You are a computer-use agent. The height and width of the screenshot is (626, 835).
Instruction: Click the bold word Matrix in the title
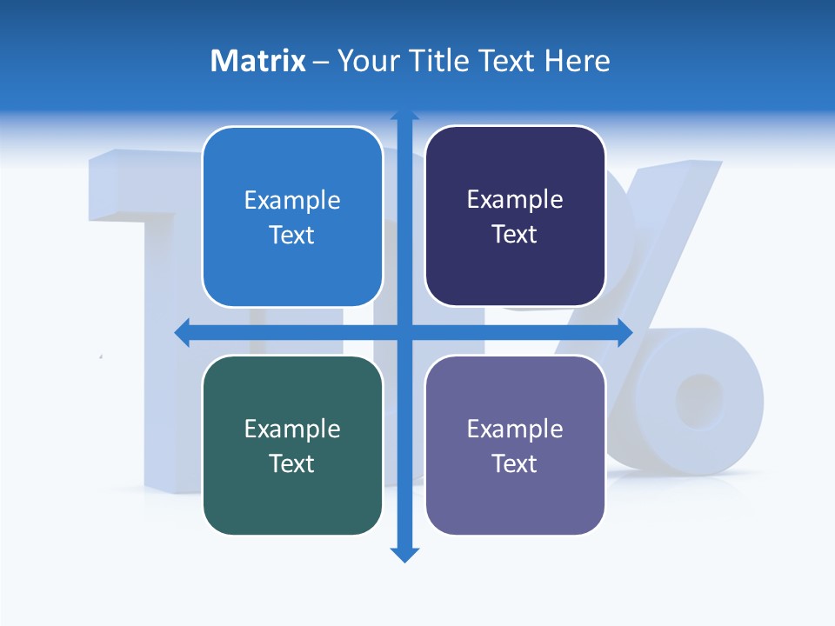[x=257, y=61]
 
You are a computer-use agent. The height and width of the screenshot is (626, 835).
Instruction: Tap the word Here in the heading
[x=578, y=61]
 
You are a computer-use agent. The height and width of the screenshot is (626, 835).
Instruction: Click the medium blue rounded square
[x=292, y=216]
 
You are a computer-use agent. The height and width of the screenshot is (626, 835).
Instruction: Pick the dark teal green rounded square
[x=292, y=445]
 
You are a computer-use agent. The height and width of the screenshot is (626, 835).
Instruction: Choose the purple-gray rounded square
[x=515, y=445]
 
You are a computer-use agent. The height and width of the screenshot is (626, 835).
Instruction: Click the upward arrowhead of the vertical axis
[x=404, y=116]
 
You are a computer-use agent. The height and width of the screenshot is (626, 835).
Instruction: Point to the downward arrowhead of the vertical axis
[x=404, y=555]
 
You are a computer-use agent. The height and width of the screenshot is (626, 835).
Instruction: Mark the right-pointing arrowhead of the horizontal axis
[x=625, y=332]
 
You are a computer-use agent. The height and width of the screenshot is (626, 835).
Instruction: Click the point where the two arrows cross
[x=404, y=332]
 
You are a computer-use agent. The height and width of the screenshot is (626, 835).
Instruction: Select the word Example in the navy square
[x=515, y=199]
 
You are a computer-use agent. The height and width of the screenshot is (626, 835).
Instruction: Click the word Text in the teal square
[x=291, y=463]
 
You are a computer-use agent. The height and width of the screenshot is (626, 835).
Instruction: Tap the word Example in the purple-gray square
[x=515, y=429]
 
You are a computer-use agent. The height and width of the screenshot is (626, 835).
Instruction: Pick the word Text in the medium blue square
[x=291, y=235]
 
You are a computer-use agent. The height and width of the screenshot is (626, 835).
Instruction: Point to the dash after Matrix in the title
[x=321, y=62]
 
